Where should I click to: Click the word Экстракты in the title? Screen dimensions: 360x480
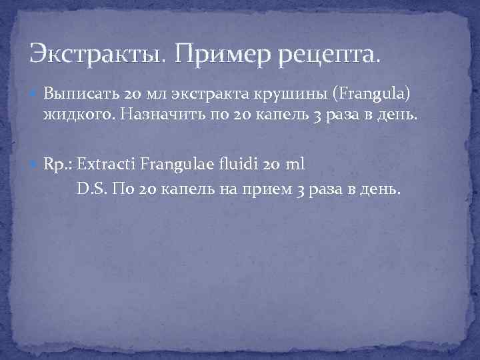coord(99,53)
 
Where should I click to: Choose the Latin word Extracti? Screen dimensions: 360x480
coord(107,163)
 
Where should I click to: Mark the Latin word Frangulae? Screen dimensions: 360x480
coord(179,163)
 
